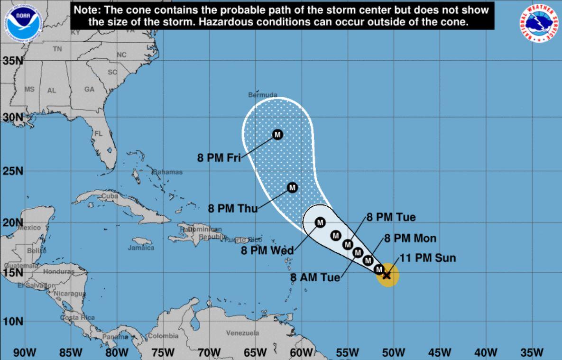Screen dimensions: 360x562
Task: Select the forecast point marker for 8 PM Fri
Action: [x=277, y=135]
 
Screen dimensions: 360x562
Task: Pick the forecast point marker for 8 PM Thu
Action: [x=292, y=188]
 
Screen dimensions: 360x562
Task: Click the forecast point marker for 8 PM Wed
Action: [x=320, y=222]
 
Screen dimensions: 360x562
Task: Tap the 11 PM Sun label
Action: [x=428, y=258]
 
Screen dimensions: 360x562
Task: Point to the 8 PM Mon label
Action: [x=410, y=238]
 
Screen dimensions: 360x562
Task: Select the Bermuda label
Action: [x=263, y=95]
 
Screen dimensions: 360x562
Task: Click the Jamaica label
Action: [x=141, y=248]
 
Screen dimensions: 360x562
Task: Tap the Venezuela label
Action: [x=242, y=333]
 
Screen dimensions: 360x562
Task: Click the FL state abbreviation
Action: [x=98, y=134]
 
